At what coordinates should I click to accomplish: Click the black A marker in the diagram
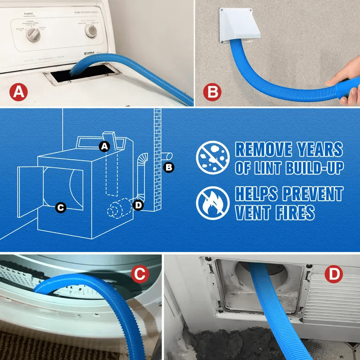pyautogui.click(x=104, y=146)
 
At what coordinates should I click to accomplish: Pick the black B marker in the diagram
pyautogui.click(x=169, y=167)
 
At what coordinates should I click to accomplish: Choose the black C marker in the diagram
pyautogui.click(x=60, y=207)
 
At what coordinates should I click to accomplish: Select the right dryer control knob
pyautogui.click(x=91, y=30)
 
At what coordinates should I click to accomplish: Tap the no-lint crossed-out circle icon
pyautogui.click(x=210, y=158)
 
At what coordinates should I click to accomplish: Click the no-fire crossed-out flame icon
pyautogui.click(x=210, y=202)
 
